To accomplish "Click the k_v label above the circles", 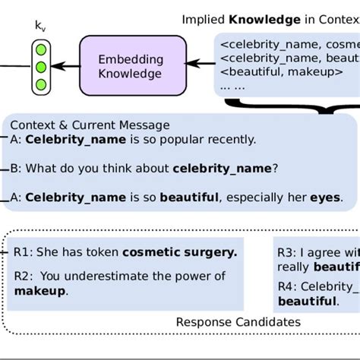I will [39, 25].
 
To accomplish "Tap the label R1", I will [23, 251].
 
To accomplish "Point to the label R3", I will [286, 253].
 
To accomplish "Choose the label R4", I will [286, 287].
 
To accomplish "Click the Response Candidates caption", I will [238, 322].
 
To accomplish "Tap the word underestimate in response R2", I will [113, 276].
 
